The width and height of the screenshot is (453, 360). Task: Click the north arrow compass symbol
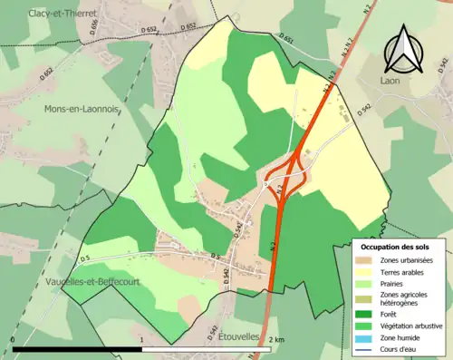tap(401, 50)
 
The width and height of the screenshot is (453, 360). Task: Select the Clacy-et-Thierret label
tap(62, 14)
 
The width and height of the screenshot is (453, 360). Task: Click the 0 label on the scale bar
tap(13, 339)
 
